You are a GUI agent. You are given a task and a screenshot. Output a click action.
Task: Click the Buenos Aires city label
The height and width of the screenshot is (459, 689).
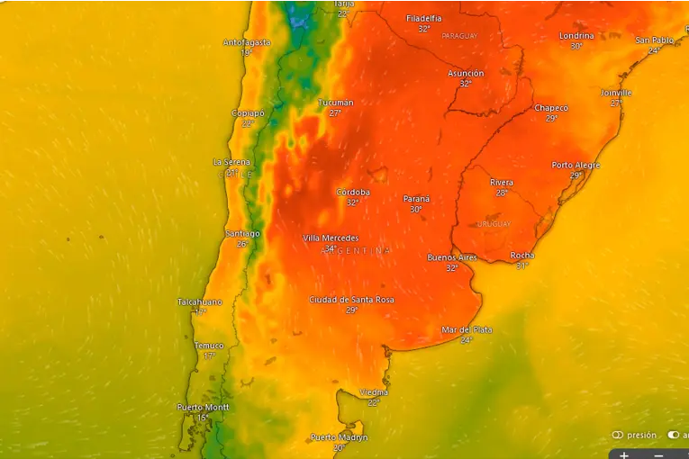tap(452, 257)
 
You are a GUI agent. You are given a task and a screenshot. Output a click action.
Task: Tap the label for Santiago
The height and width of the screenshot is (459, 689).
tap(242, 233)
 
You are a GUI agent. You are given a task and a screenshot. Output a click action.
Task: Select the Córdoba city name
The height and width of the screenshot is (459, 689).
tap(353, 192)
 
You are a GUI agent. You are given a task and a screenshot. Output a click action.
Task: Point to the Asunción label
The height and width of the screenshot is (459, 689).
tap(466, 73)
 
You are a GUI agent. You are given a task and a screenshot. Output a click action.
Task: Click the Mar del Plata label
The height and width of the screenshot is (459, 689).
tap(467, 329)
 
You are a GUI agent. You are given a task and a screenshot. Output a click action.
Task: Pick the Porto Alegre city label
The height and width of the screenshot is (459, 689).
tap(576, 165)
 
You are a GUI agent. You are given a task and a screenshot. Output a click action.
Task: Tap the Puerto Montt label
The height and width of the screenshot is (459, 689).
tap(202, 407)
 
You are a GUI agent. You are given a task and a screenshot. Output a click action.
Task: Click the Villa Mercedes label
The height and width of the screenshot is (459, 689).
tap(331, 238)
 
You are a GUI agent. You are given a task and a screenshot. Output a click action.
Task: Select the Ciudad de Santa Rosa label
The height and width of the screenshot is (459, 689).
tap(351, 300)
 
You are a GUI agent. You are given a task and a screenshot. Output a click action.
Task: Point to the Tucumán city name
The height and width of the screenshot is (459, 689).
tap(336, 103)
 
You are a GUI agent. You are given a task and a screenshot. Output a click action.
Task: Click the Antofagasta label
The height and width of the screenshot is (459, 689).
tap(246, 42)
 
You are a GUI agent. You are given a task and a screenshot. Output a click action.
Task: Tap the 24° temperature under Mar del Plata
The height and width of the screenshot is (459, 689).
tap(467, 340)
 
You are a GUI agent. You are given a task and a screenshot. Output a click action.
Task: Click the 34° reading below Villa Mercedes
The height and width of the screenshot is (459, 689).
tap(331, 248)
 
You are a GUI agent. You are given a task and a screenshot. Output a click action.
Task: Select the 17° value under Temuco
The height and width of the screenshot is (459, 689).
tap(209, 356)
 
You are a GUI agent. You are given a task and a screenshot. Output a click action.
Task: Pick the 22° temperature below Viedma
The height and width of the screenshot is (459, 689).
tap(374, 402)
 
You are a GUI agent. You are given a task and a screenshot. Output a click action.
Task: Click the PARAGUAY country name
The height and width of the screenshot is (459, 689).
tap(459, 36)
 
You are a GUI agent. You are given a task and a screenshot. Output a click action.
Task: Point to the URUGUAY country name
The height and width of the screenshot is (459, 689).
tap(494, 223)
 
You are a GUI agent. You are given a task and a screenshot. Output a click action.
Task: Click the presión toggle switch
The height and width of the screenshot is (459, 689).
tap(618, 435)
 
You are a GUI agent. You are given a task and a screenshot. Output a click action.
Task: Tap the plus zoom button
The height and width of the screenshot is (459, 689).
tap(624, 454)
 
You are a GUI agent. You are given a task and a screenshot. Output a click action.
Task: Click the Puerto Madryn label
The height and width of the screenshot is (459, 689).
tap(340, 437)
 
